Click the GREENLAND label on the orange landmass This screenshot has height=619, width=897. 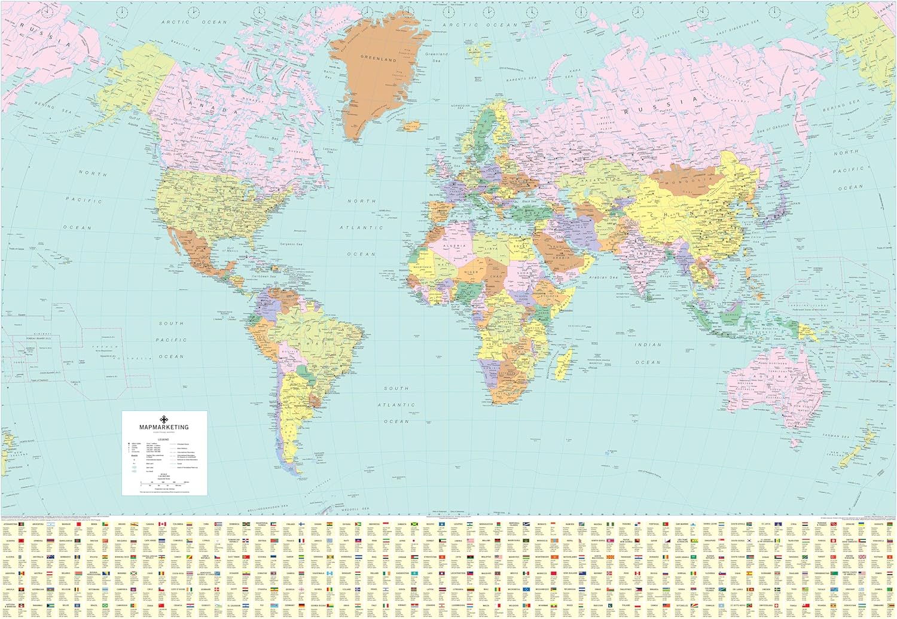pos(378,59)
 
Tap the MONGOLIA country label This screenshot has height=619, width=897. pos(689,179)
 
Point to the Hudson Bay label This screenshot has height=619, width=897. pos(266,138)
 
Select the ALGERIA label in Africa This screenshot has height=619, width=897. pos(454,246)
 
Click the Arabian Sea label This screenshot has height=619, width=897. pos(602,278)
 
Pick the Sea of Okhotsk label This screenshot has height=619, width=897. pos(773,129)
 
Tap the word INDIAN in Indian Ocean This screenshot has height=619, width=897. pos(648,345)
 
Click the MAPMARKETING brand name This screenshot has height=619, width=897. pos(164,427)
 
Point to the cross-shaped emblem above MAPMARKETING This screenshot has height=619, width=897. pos(164,419)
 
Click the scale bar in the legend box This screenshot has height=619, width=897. pos(164,481)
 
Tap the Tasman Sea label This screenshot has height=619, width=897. pos(835,436)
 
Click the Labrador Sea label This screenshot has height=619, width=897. pos(330,150)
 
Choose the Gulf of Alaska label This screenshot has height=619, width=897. pos(135,121)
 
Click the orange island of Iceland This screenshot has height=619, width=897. pos(411,125)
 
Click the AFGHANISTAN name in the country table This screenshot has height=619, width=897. pos(10,525)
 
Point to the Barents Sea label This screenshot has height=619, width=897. pos(521,79)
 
